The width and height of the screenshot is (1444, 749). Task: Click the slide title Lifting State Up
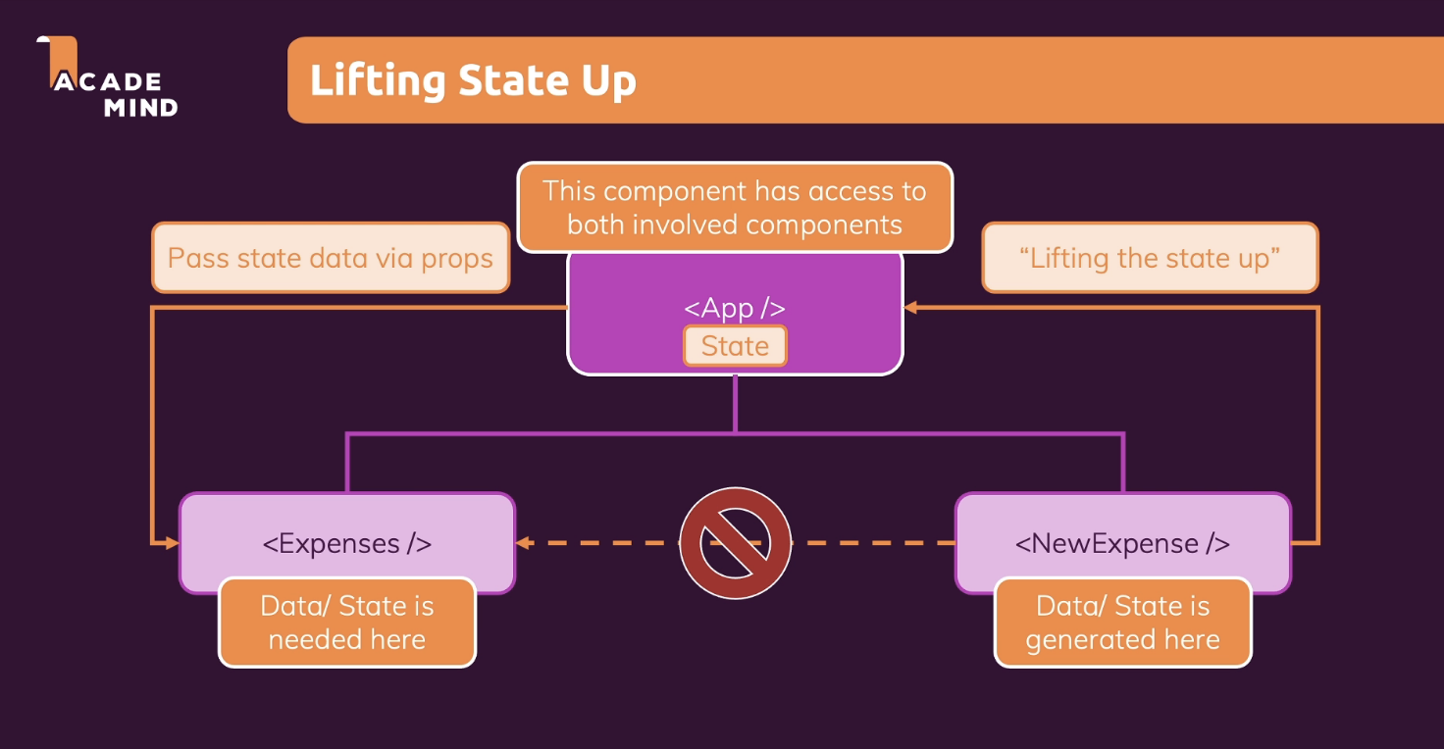tap(473, 80)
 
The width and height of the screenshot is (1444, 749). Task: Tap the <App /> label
tap(734, 308)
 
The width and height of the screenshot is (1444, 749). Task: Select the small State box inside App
tap(735, 346)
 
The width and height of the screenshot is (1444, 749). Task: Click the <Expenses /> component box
tap(346, 543)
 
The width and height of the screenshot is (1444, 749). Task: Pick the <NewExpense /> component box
tap(1122, 543)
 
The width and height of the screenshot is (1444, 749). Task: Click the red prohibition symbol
tap(735, 543)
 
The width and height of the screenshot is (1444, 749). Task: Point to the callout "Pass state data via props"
tap(331, 258)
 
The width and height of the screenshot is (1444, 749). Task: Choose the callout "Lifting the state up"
tap(1150, 258)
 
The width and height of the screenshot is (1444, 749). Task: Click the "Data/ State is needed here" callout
tap(346, 623)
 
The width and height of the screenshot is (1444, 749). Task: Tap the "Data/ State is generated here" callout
tap(1122, 623)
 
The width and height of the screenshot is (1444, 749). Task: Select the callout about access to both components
tap(735, 207)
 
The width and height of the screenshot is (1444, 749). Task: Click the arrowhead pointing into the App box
tap(910, 308)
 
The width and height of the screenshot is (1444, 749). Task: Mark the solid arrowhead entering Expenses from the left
tap(172, 542)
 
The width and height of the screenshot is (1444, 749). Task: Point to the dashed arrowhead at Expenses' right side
tap(524, 542)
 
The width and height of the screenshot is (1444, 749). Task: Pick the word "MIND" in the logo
tap(140, 107)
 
